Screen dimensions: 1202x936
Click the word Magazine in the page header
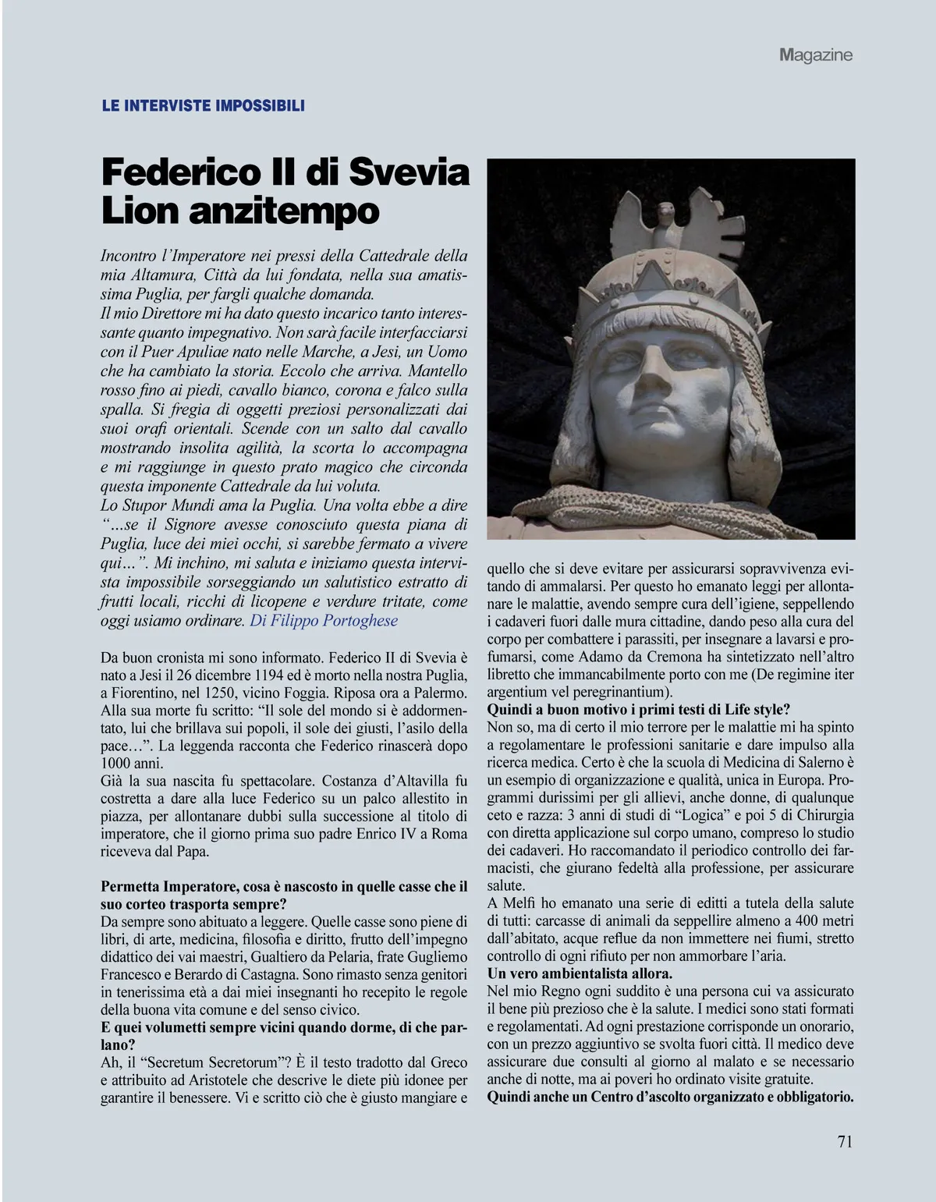(815, 55)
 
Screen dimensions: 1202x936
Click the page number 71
(844, 1140)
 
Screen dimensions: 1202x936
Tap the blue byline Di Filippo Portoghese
(324, 621)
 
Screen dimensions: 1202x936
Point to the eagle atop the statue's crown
(665, 222)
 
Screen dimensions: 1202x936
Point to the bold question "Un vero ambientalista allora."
(580, 973)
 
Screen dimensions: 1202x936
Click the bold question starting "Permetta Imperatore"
(285, 887)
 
